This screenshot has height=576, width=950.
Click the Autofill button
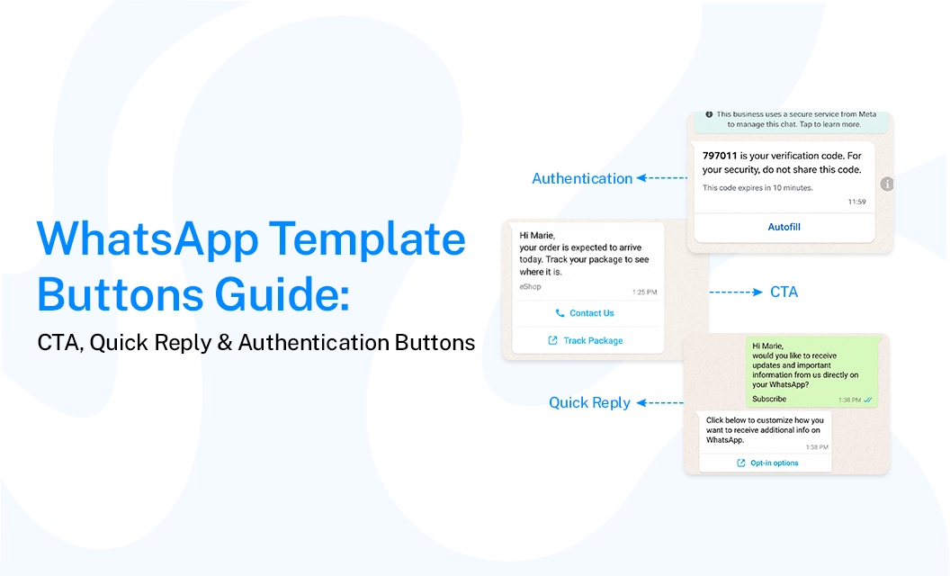[784, 227]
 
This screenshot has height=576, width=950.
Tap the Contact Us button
[586, 313]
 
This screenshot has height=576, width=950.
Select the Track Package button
[586, 341]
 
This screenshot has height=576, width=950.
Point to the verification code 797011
[720, 156]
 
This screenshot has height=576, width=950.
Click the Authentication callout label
[582, 178]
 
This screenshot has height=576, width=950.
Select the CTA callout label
[784, 292]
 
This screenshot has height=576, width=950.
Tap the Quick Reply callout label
[589, 403]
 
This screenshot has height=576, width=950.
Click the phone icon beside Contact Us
[560, 313]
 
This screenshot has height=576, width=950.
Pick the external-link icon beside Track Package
[552, 341]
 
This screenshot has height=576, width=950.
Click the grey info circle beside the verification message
[887, 184]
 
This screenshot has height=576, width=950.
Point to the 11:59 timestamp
[856, 202]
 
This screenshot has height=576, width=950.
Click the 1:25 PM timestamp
[645, 292]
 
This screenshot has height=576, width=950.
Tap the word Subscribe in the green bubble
[769, 399]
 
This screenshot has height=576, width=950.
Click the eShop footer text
[530, 287]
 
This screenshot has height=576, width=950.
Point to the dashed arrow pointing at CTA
[736, 292]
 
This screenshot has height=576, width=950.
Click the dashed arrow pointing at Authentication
[661, 177]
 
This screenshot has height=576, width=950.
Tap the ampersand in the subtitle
[225, 343]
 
